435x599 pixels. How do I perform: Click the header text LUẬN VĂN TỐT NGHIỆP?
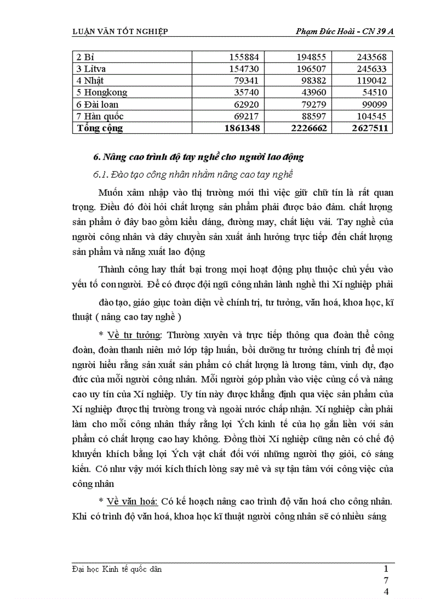120,31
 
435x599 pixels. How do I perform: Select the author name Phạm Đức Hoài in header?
323,31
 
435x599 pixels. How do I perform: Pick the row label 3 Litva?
94,69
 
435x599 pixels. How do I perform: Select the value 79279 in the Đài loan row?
308,104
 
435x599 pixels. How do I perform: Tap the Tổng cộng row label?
100,128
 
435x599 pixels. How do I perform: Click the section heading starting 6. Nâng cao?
198,157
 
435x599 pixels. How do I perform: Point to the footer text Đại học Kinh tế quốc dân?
117,569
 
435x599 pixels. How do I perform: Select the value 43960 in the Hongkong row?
308,92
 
